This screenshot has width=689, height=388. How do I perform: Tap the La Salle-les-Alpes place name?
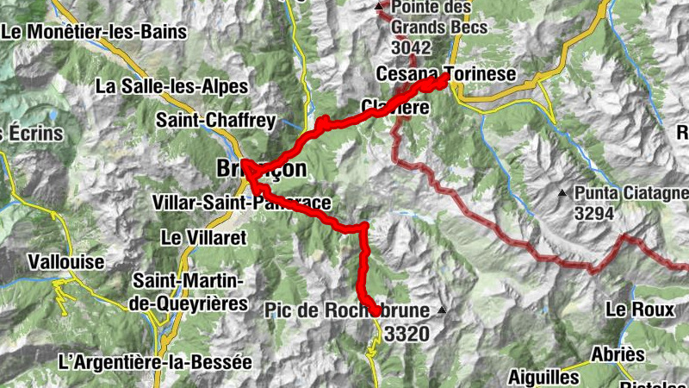[x=171, y=87]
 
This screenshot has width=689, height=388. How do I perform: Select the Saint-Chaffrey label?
[x=203, y=120]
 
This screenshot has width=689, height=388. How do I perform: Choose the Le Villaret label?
[x=204, y=235]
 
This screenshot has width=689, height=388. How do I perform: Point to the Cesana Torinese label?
[x=446, y=75]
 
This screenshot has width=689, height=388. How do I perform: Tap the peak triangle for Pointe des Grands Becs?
[x=380, y=8]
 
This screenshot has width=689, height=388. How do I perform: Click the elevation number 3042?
[x=412, y=47]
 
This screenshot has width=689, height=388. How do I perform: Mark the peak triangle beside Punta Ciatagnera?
[x=562, y=192]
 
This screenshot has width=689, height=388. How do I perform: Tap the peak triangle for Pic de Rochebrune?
[x=443, y=310]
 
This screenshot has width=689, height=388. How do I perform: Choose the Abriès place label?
[x=617, y=355]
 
